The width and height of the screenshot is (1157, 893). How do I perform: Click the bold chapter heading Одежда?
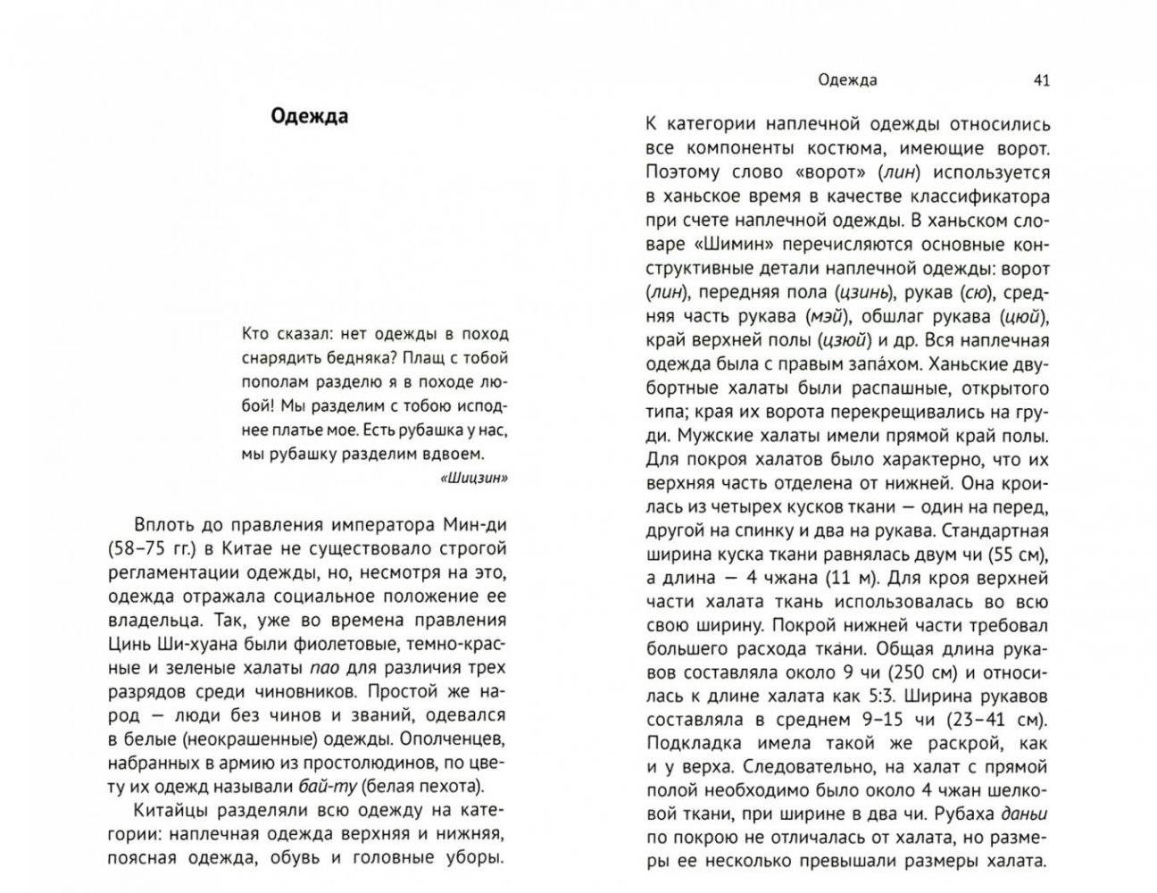point(309,117)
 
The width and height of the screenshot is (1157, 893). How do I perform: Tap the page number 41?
point(1041,80)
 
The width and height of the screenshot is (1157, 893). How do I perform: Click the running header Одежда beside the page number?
point(847,80)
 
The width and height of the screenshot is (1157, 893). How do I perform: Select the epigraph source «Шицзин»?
point(474,478)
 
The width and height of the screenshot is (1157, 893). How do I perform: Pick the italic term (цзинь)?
point(863,292)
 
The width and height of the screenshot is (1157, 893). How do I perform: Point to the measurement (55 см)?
point(1015,555)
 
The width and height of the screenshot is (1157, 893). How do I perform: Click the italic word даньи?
point(1024,814)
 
